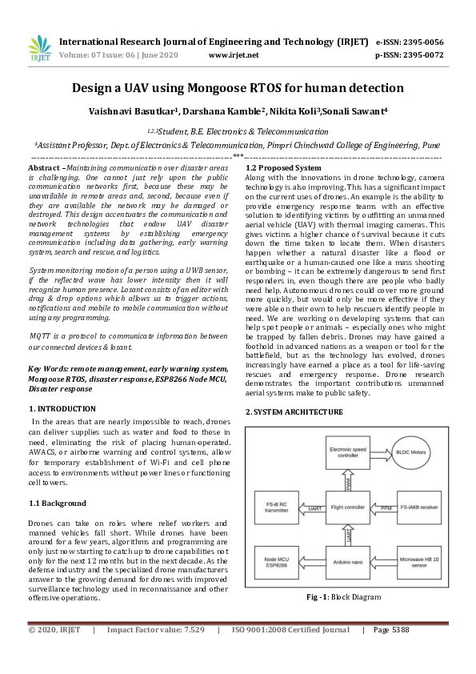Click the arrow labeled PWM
(350, 481)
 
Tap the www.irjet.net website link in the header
(234, 55)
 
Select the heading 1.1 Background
(57, 503)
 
